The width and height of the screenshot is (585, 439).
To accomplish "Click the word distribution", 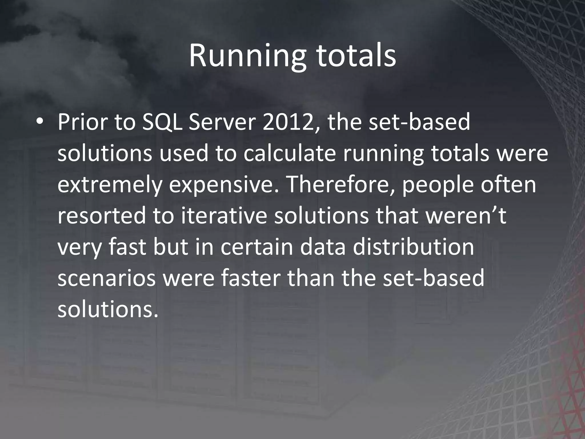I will (x=413, y=247).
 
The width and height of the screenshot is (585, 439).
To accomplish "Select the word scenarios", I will (x=107, y=278).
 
